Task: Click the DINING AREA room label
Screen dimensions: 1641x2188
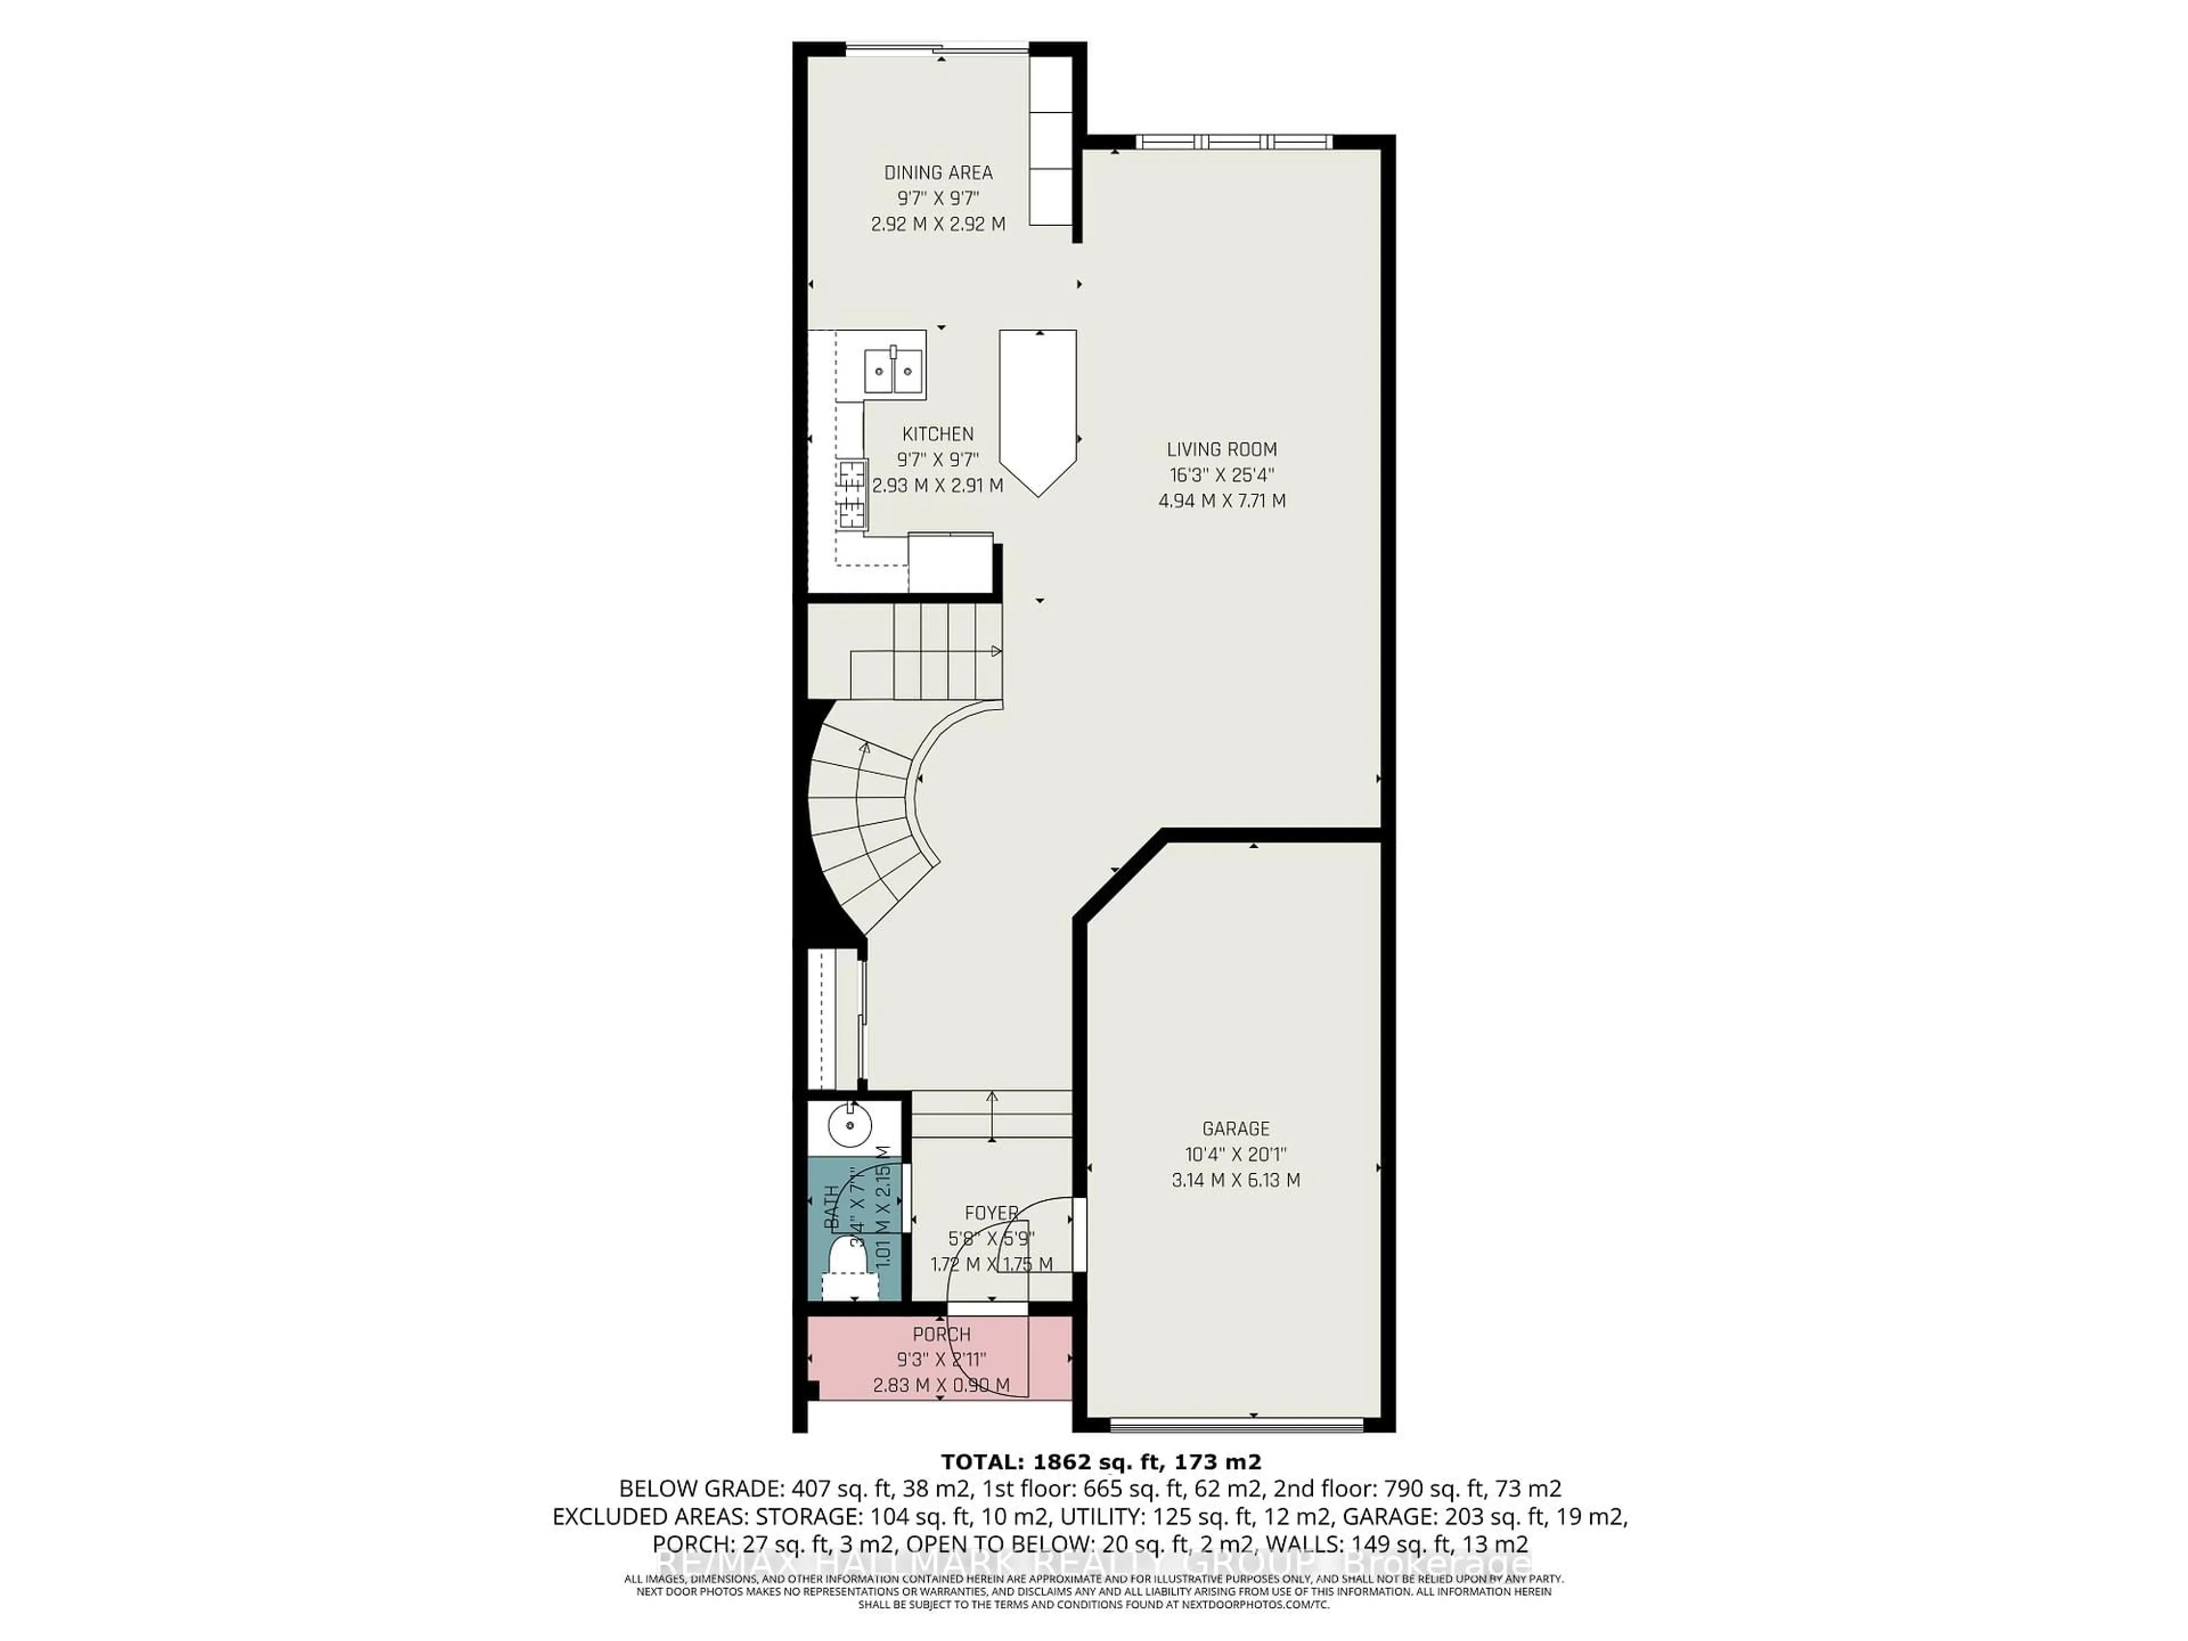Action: point(938,172)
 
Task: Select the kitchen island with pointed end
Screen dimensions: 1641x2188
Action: point(1038,406)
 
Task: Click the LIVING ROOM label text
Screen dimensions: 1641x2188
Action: point(1222,449)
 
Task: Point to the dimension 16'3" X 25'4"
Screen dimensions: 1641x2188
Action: point(1222,475)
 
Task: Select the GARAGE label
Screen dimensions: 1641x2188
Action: point(1235,1129)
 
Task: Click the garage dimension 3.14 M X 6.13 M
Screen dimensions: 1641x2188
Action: point(1235,1180)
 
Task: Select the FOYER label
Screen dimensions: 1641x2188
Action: point(991,1213)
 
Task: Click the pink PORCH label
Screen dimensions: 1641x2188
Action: point(942,1334)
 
